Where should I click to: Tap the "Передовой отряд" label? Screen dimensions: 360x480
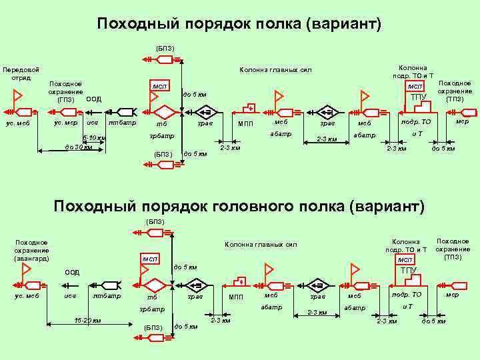tap(21, 73)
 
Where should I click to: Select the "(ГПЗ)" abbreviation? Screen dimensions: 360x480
tap(66, 99)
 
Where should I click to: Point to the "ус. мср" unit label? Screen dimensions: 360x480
tap(66, 123)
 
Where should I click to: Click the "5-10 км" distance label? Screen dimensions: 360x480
tap(94, 138)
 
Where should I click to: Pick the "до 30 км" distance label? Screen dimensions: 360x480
tap(78, 147)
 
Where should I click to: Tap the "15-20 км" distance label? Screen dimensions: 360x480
tap(87, 320)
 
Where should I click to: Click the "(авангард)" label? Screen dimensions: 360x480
tap(31, 258)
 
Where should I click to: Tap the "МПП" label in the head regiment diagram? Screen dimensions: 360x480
tap(237, 297)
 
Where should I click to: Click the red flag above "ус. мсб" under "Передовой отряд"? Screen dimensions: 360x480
tap(11, 97)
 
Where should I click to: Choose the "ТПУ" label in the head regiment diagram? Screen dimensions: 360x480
tap(409, 271)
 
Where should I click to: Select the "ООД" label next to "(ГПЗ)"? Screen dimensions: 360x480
tap(94, 99)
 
